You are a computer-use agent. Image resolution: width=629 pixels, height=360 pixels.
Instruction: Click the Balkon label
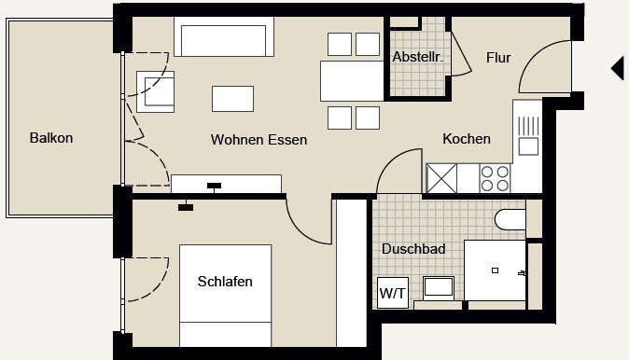tap(51, 138)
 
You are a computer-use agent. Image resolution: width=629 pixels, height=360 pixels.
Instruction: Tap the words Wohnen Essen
tap(259, 140)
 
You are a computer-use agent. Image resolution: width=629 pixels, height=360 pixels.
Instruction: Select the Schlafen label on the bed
tap(225, 282)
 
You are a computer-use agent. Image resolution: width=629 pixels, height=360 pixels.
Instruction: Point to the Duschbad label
tap(413, 249)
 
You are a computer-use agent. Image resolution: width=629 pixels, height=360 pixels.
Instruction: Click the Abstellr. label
tap(417, 57)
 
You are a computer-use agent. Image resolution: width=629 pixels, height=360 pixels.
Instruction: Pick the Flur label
tap(498, 58)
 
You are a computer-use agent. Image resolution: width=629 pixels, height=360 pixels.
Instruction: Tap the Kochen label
tap(467, 139)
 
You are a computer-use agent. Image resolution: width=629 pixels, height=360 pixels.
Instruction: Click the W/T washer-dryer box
tap(393, 293)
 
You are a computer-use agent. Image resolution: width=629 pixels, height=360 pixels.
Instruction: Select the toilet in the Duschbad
tap(510, 219)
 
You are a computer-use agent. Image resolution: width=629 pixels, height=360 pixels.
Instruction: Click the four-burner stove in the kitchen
tap(495, 178)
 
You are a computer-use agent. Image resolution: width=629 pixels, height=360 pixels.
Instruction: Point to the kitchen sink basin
tap(528, 146)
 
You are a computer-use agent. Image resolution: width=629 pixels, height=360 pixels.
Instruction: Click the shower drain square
tap(495, 270)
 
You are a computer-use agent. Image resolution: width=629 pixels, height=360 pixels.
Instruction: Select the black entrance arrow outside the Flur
tap(619, 68)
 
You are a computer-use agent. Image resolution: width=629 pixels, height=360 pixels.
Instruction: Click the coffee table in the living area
tap(232, 99)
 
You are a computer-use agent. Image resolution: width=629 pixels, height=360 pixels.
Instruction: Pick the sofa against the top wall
tap(224, 36)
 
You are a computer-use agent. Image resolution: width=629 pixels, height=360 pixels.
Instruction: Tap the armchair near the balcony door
tap(155, 91)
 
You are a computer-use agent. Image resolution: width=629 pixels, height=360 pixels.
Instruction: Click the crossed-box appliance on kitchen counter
tap(441, 178)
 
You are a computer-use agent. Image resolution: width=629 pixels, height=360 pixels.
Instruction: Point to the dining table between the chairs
tap(352, 81)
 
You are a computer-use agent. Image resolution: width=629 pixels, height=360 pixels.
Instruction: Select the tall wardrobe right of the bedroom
tap(352, 272)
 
